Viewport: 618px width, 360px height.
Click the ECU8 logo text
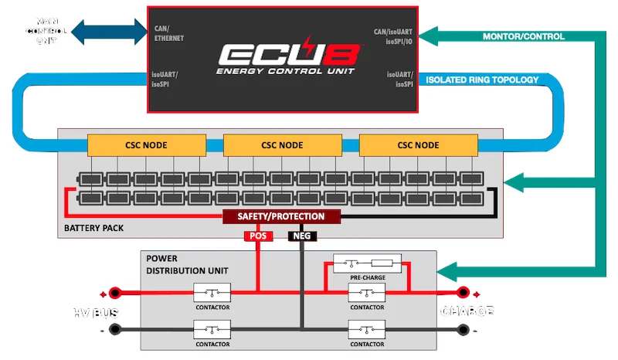(279, 53)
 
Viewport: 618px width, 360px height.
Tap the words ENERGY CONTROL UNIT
(279, 71)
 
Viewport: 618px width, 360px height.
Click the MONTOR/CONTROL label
(523, 36)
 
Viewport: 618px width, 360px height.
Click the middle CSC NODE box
(283, 144)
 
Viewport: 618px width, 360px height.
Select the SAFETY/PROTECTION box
(281, 216)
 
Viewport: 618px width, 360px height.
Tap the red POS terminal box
(258, 236)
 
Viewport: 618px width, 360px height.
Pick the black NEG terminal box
(301, 236)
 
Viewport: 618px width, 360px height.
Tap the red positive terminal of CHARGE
(463, 293)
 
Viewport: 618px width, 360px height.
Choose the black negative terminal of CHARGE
(463, 329)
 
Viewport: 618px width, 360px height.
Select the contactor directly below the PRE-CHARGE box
(366, 294)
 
